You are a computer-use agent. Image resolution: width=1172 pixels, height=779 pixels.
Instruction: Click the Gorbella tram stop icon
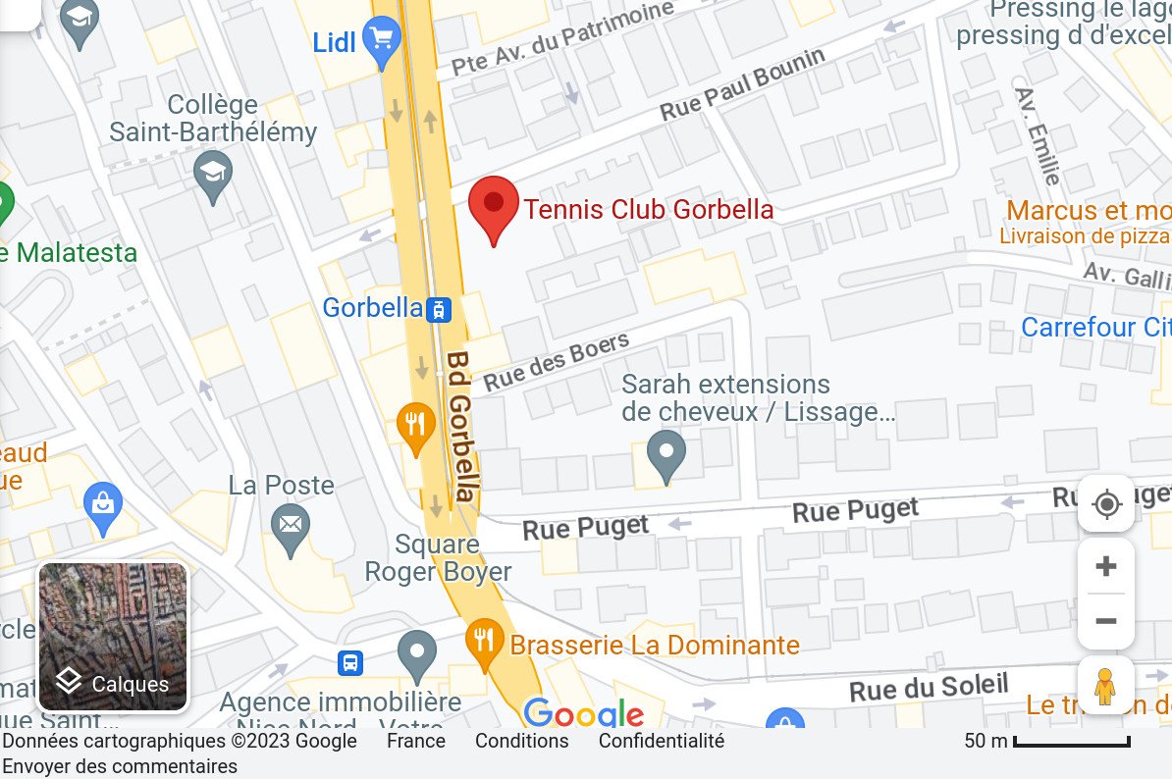[x=439, y=309]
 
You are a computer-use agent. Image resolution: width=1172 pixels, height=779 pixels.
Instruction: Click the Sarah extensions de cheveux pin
[x=667, y=454]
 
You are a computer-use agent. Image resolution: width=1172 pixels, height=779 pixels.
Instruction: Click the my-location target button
[x=1106, y=505]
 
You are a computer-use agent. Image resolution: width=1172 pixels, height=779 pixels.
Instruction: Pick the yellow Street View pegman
[x=1106, y=685]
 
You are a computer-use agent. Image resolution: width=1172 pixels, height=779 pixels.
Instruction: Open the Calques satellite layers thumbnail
[x=113, y=637]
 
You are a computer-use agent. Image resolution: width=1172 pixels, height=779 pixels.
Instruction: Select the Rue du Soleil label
[x=929, y=687]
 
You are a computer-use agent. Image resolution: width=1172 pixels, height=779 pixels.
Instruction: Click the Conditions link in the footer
[x=521, y=741]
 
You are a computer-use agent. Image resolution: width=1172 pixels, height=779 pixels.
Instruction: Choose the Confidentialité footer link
[x=661, y=741]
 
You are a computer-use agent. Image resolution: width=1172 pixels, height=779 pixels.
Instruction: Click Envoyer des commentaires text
[x=120, y=766]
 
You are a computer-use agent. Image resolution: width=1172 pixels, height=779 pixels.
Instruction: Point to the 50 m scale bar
[x=1071, y=742]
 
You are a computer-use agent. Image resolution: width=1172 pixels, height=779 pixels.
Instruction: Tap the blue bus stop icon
[x=350, y=662]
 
